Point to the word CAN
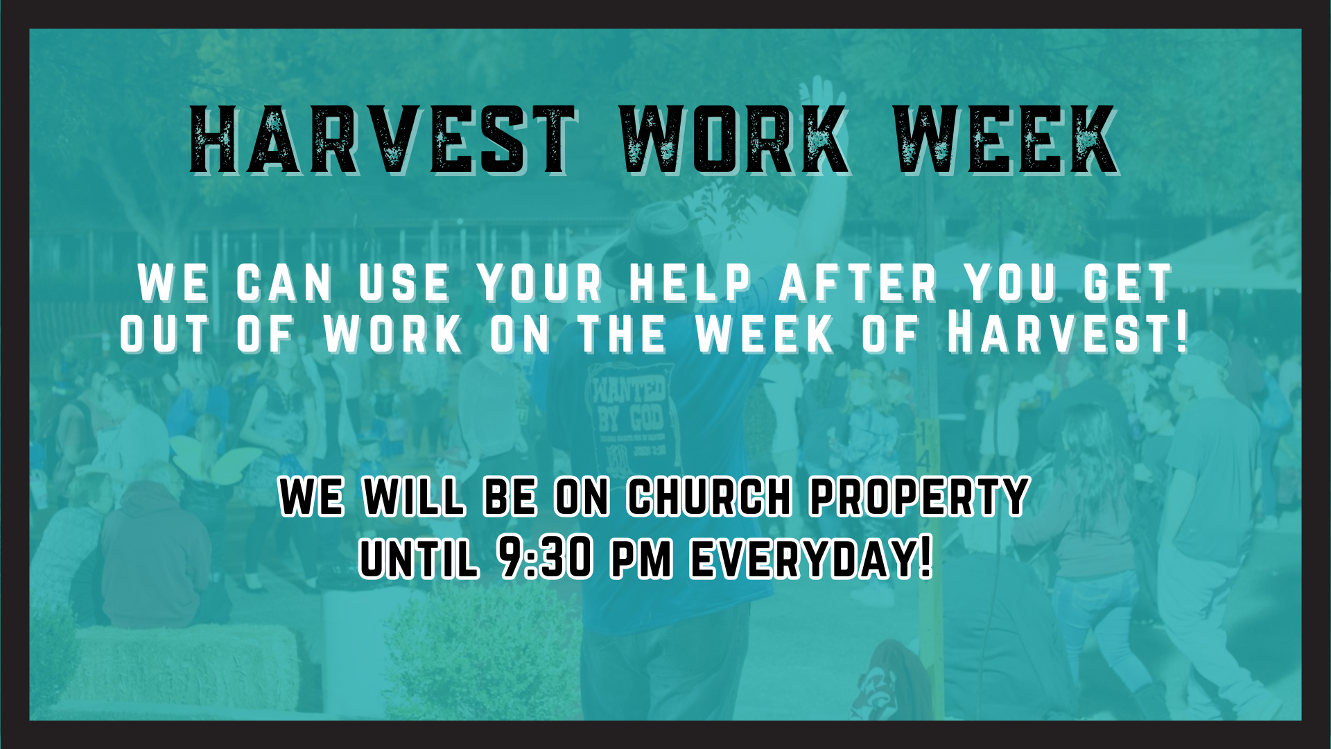285,284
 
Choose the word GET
1129,284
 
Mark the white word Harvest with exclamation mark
1068,334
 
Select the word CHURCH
709,497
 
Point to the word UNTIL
419,558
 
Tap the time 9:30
546,558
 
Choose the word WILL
415,497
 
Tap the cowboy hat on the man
659,232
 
